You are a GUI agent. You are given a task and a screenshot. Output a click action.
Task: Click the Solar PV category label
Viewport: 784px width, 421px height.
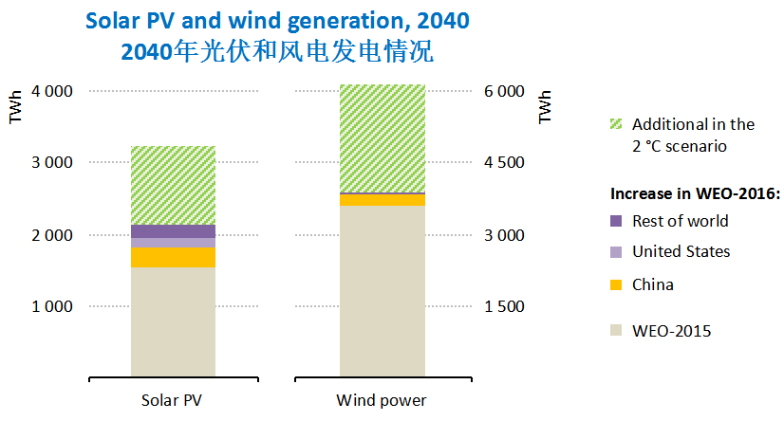(174, 399)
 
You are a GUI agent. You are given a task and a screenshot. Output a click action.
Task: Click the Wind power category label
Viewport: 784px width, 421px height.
(382, 399)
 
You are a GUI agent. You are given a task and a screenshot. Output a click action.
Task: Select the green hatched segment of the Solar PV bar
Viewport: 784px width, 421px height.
(174, 185)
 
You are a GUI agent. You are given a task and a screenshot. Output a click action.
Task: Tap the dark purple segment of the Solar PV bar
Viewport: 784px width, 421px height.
(174, 231)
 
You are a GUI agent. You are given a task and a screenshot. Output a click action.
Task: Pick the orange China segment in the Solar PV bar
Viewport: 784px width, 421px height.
(174, 257)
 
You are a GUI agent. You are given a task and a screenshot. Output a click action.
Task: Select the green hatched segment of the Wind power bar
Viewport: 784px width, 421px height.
(382, 137)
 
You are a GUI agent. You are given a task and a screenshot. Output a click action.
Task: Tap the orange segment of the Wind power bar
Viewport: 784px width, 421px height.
(382, 200)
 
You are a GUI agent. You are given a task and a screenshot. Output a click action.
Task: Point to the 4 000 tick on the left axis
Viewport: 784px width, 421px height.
(52, 92)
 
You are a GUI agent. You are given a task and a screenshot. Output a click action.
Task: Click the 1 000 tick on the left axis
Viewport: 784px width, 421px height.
(52, 306)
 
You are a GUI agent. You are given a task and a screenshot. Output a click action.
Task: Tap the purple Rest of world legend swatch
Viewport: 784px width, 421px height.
(617, 221)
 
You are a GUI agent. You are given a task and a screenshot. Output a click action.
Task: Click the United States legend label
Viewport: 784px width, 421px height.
(681, 251)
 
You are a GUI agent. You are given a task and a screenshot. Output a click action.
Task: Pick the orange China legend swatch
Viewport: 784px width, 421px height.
(617, 284)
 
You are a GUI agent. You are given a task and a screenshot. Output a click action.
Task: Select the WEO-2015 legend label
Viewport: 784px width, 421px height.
(671, 331)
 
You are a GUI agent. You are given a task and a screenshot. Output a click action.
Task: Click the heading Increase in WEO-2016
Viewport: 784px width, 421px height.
(694, 193)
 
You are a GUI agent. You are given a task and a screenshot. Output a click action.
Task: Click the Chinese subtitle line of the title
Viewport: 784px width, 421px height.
(277, 51)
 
